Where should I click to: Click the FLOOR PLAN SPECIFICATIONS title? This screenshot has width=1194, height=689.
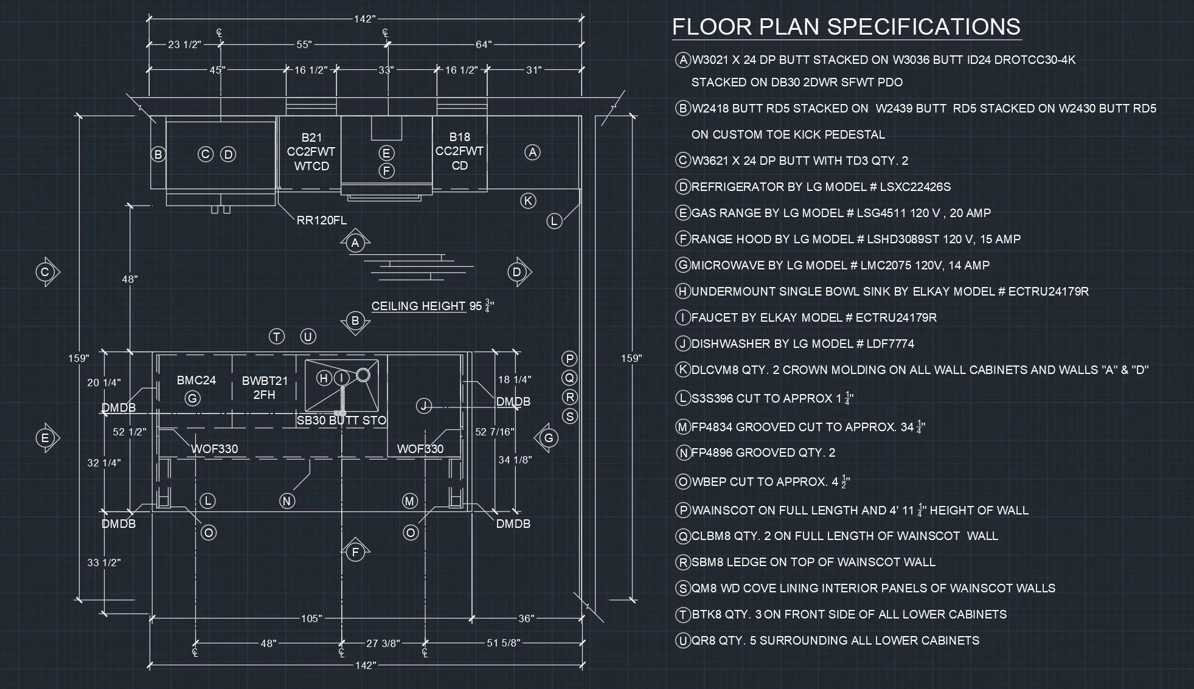tap(846, 27)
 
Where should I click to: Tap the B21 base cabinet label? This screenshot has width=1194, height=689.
tap(311, 138)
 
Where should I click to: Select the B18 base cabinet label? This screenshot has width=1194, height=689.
tap(460, 137)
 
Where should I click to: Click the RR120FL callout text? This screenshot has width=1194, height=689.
tap(322, 221)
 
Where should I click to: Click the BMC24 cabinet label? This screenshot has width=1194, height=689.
tap(196, 381)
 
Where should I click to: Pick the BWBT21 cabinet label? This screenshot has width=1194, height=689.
tap(265, 381)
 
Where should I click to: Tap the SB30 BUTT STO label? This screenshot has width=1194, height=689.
tap(341, 420)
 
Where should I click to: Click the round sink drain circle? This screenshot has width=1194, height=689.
tap(363, 375)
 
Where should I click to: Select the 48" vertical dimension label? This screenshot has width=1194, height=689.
tap(130, 279)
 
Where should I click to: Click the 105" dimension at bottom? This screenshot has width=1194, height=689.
tap(311, 618)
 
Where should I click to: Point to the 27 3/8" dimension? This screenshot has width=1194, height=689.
tap(383, 643)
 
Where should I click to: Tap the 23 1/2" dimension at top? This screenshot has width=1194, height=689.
tap(184, 44)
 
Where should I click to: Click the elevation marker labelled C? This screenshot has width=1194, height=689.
tap(45, 272)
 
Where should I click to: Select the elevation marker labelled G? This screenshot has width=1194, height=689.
tap(548, 438)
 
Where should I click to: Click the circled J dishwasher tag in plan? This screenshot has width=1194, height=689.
tap(424, 406)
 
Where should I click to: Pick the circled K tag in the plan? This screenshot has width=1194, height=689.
tap(528, 201)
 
